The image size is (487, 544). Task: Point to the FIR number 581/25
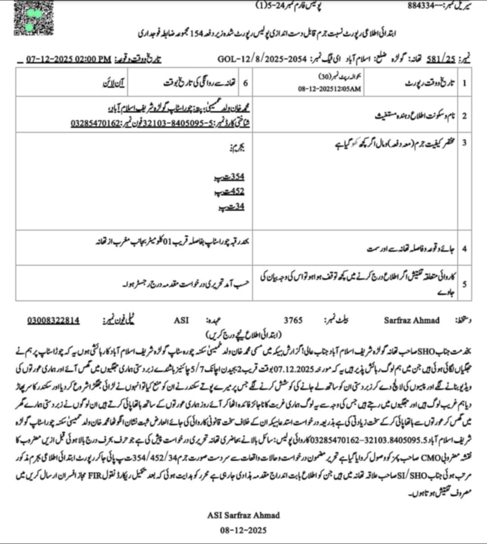coord(438,58)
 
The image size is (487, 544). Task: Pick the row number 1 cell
coord(464,83)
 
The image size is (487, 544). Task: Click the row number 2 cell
coord(464,114)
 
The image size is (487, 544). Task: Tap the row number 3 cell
coord(464,143)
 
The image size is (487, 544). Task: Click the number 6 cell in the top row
coord(245,83)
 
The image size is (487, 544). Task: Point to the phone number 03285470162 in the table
coord(93,123)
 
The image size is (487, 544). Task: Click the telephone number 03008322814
coord(54,321)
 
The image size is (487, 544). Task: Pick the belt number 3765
coord(293,321)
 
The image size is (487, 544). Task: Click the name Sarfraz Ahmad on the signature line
coord(405,321)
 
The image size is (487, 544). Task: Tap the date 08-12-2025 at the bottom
coord(244,530)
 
